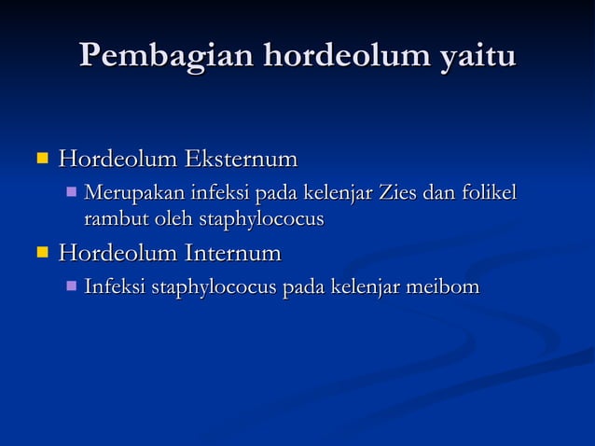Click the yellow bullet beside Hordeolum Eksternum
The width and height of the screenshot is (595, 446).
41,160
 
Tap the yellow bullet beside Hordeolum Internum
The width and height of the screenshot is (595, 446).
41,253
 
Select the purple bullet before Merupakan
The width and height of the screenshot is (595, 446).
72,194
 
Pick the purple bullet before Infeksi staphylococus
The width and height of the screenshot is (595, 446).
72,286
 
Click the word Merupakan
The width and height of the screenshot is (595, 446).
134,194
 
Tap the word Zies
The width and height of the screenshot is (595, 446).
398,194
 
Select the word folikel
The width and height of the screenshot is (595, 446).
485,194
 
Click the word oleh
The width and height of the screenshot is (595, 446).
167,220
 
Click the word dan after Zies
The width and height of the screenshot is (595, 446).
436,194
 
